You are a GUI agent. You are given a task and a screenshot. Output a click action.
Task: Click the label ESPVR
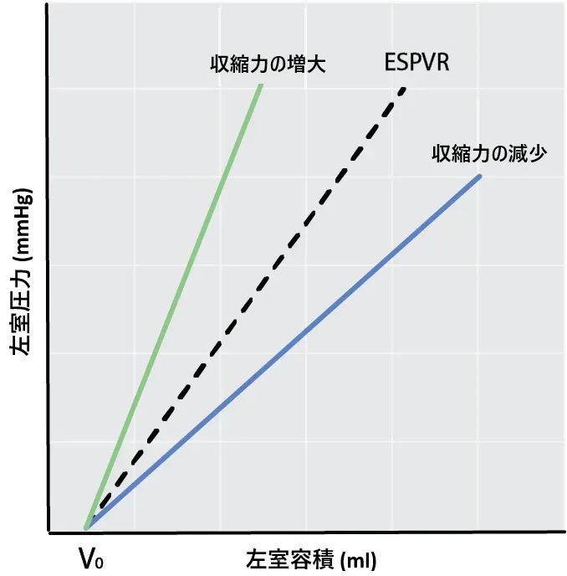click(x=416, y=63)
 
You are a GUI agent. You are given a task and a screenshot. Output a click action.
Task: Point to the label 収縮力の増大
click(x=267, y=64)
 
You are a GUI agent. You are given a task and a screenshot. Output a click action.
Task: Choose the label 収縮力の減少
click(x=489, y=154)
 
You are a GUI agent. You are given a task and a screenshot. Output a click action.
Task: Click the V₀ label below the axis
click(x=91, y=558)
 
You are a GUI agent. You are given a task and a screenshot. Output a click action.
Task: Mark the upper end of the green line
click(x=261, y=85)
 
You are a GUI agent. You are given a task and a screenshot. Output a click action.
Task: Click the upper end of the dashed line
click(x=404, y=88)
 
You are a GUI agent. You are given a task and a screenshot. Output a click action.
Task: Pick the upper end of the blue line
click(x=480, y=176)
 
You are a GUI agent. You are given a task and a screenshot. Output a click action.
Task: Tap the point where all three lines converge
click(x=86, y=527)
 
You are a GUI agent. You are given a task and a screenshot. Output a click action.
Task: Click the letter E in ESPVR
click(x=390, y=63)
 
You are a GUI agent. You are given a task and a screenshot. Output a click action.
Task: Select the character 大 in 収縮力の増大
click(x=316, y=64)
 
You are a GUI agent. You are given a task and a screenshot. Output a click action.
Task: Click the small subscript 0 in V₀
click(x=100, y=562)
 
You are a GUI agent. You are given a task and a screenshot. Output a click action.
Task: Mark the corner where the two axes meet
click(x=48, y=532)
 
